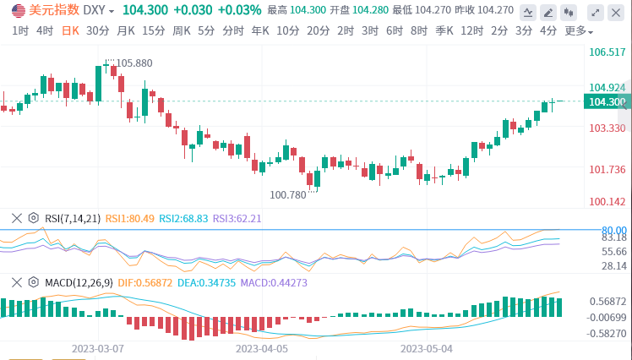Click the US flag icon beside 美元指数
(x=17, y=10)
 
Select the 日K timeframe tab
(x=70, y=30)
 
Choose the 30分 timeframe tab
(x=98, y=30)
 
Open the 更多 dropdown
(x=578, y=30)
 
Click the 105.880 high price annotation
(x=134, y=63)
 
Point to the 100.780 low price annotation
(x=288, y=195)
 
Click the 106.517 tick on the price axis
(x=607, y=52)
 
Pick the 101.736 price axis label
(x=607, y=169)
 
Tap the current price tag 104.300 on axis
(x=607, y=102)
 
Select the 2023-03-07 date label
(x=98, y=347)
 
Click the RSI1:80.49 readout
(x=129, y=218)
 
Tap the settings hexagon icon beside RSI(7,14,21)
(x=33, y=218)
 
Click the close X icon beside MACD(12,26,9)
(x=16, y=281)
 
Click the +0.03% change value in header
(x=239, y=10)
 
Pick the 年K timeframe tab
(x=261, y=30)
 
